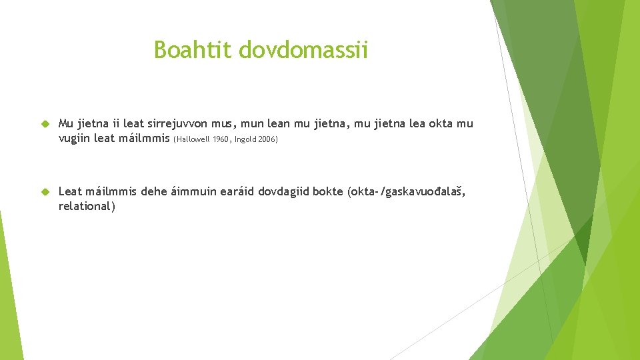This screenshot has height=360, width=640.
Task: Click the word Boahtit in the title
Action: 193,49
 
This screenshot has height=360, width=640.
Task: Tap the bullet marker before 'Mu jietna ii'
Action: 45,124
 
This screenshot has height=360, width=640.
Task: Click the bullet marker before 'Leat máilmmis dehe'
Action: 45,192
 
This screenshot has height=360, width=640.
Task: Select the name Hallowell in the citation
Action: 193,140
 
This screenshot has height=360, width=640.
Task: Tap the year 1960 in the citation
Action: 221,140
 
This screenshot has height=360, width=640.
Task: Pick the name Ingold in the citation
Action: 247,140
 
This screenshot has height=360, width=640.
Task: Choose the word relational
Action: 86,207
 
